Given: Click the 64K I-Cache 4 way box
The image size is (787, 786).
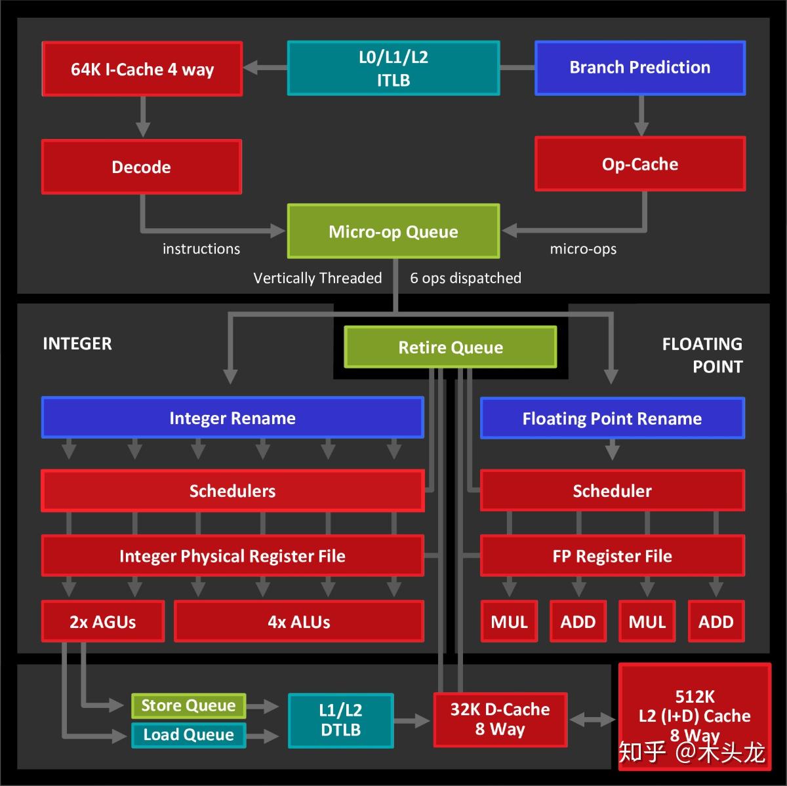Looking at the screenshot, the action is pyautogui.click(x=142, y=69).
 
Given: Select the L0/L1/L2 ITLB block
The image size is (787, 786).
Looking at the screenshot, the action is pyautogui.click(x=393, y=68).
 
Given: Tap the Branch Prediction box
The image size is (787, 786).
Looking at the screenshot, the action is pyautogui.click(x=640, y=68).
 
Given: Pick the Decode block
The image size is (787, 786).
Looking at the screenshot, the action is pyautogui.click(x=141, y=167).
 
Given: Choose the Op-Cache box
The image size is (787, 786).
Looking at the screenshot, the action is pyautogui.click(x=640, y=164).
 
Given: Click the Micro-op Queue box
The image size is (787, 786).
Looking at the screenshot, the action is pyautogui.click(x=393, y=231).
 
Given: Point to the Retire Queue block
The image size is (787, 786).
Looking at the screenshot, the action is pyautogui.click(x=450, y=347).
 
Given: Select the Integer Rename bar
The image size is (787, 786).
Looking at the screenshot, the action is pyautogui.click(x=232, y=418).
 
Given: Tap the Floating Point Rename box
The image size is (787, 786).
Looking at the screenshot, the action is pyautogui.click(x=612, y=418).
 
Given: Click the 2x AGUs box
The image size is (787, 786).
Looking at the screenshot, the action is pyautogui.click(x=103, y=621).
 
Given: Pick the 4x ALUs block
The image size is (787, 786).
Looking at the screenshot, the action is pyautogui.click(x=299, y=621).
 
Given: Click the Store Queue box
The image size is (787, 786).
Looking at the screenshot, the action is pyautogui.click(x=189, y=705).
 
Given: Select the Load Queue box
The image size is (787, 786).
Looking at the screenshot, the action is pyautogui.click(x=189, y=735).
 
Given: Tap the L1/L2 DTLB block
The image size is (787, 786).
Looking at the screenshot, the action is pyautogui.click(x=340, y=720).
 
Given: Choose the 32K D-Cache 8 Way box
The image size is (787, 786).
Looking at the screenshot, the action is pyautogui.click(x=500, y=719).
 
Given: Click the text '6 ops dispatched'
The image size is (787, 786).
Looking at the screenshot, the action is pyautogui.click(x=466, y=278).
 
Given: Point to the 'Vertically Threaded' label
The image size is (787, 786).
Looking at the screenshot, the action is pyautogui.click(x=317, y=278).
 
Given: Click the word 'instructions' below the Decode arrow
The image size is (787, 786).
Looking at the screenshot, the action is pyautogui.click(x=201, y=248).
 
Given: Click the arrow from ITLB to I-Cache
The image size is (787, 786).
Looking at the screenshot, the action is pyautogui.click(x=266, y=68).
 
